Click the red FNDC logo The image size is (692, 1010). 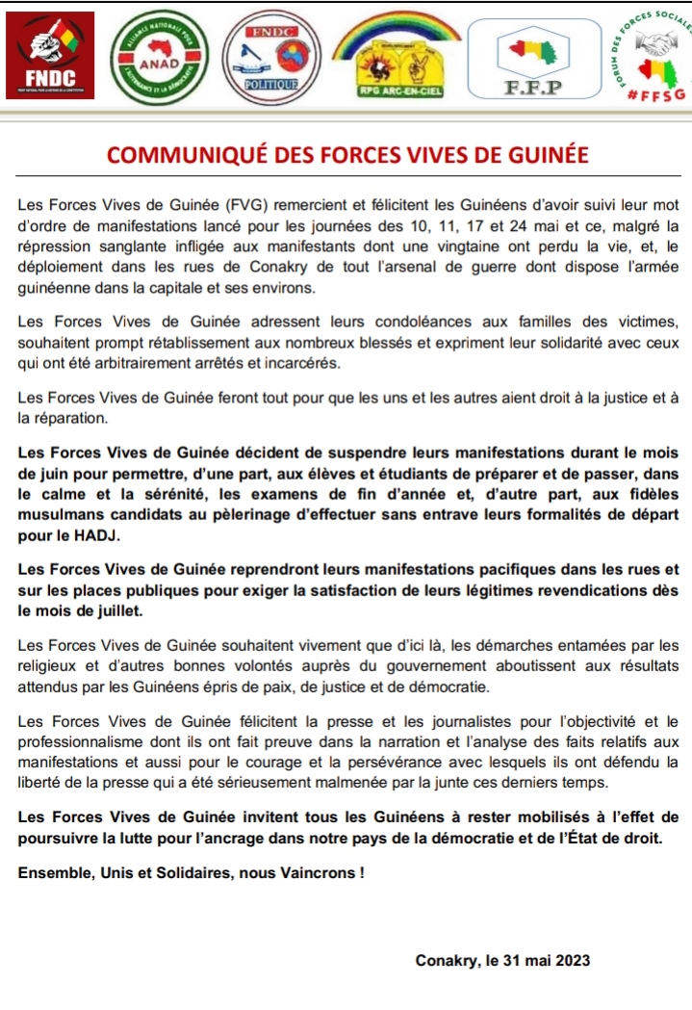(x=49, y=54)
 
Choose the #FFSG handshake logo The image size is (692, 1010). (x=646, y=58)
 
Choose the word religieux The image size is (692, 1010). (x=49, y=664)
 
